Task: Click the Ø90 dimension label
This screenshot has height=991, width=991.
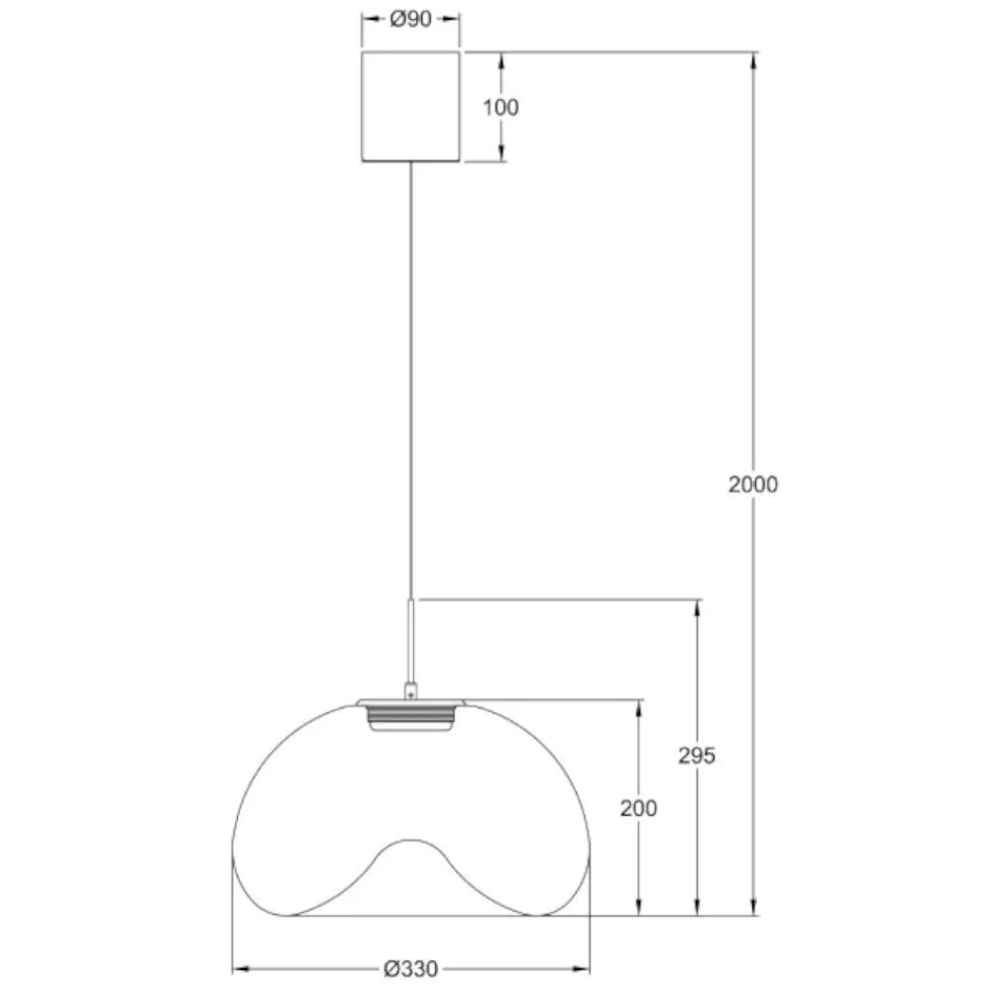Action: click(x=411, y=19)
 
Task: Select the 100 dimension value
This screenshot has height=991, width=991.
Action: click(x=500, y=107)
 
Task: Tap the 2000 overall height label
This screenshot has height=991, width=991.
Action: click(x=753, y=485)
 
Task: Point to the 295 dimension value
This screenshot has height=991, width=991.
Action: click(x=697, y=755)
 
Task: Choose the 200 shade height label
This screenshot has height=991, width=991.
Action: click(x=638, y=808)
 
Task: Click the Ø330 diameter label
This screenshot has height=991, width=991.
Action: click(x=411, y=969)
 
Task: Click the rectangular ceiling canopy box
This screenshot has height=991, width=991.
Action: click(x=411, y=107)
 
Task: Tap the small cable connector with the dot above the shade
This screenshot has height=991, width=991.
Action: click(x=411, y=690)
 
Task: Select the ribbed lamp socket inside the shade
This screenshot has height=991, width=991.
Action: click(x=411, y=718)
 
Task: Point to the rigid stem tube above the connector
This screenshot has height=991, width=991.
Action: click(x=411, y=639)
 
